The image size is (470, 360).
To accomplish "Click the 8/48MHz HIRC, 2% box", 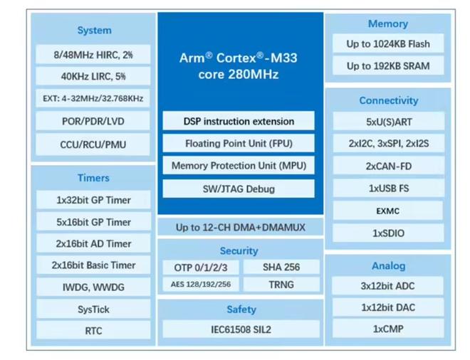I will (93, 54).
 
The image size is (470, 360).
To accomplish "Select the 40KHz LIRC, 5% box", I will (93, 76).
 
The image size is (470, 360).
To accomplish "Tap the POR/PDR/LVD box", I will (93, 122).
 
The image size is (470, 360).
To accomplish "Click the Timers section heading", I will (93, 178).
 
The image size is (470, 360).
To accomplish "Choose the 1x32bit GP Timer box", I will (93, 201).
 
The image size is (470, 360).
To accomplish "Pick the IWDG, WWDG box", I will (93, 287).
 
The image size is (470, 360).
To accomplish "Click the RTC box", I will (93, 331).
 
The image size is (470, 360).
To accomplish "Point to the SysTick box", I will (93, 309).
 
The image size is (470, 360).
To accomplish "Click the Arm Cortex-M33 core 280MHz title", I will (239, 65).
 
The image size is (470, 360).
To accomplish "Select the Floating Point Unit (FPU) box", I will (239, 144).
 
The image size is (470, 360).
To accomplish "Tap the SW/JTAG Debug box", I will (239, 189).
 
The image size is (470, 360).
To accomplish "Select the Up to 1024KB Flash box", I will (388, 44).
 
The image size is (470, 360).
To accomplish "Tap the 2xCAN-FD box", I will (388, 166).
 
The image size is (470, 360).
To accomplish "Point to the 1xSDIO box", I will (388, 233).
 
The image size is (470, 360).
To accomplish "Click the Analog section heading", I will (388, 266).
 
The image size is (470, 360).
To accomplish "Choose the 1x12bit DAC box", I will (388, 308).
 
